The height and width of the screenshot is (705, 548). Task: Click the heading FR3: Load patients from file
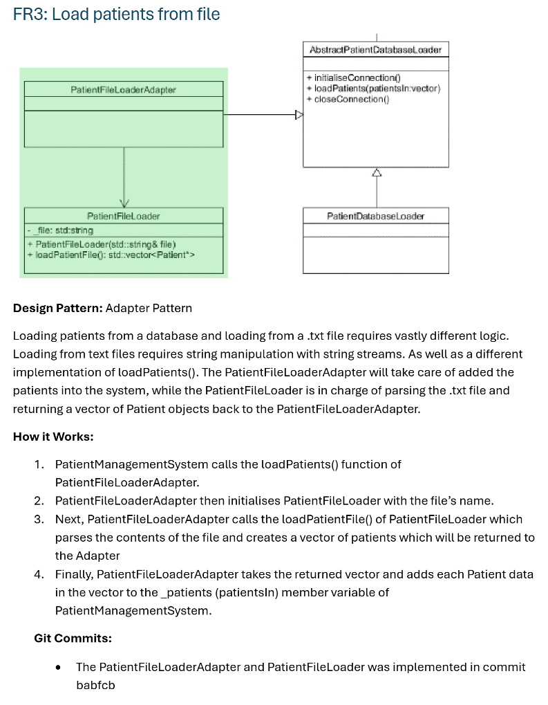pyautogui.click(x=116, y=14)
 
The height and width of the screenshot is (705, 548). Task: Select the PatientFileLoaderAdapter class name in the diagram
pyautogui.click(x=124, y=89)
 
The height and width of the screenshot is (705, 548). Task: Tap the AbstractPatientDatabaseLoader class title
pyautogui.click(x=376, y=50)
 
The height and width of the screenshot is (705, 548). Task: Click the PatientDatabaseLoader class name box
pyautogui.click(x=376, y=216)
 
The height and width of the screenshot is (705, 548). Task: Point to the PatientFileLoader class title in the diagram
pyautogui.click(x=124, y=216)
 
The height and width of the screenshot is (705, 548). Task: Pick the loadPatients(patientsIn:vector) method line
pyautogui.click(x=372, y=89)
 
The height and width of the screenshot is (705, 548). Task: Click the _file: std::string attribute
pyautogui.click(x=61, y=230)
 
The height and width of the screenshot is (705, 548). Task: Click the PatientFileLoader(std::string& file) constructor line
pyautogui.click(x=102, y=244)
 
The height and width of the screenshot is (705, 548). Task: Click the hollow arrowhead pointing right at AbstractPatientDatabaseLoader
pyautogui.click(x=299, y=116)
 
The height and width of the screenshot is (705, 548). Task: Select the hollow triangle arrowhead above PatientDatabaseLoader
pyautogui.click(x=376, y=172)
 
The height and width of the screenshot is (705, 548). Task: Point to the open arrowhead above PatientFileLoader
pyautogui.click(x=124, y=203)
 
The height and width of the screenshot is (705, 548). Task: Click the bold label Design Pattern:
pyautogui.click(x=57, y=308)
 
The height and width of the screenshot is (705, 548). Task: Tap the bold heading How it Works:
pyautogui.click(x=53, y=437)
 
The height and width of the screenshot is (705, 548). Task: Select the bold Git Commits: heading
pyautogui.click(x=73, y=638)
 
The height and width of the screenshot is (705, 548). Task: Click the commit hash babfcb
pyautogui.click(x=95, y=685)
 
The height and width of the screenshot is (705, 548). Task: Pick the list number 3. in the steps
pyautogui.click(x=39, y=519)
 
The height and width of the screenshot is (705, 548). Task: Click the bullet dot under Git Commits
pyautogui.click(x=59, y=668)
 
